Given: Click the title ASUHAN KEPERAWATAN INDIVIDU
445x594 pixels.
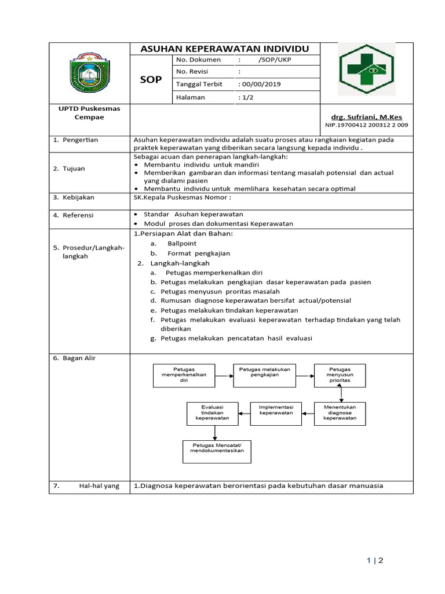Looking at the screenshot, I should pyautogui.click(x=225, y=49).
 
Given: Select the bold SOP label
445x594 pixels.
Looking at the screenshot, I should pyautogui.click(x=151, y=80).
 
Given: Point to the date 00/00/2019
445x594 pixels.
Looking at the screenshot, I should pyautogui.click(x=260, y=84).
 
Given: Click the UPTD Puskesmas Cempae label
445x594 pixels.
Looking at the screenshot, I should pyautogui.click(x=89, y=113).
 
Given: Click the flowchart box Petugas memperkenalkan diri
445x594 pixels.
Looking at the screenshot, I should pyautogui.click(x=184, y=375).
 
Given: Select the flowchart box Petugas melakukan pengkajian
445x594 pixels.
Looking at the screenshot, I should pyautogui.click(x=264, y=375).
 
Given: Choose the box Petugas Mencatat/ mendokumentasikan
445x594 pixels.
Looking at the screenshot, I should pyautogui.click(x=217, y=451).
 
